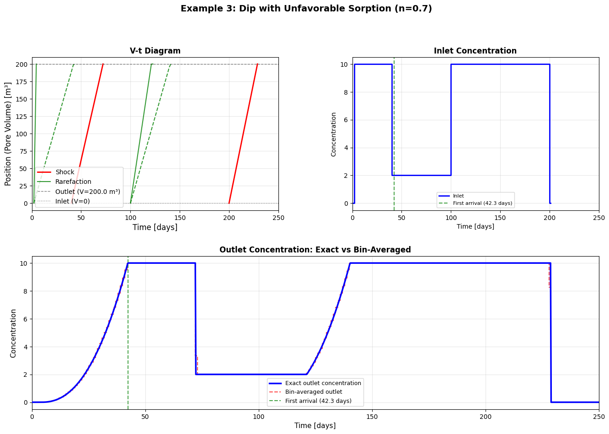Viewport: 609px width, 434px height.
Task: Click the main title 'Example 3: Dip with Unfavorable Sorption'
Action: point(306,9)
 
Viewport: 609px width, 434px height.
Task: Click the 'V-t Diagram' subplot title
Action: point(155,51)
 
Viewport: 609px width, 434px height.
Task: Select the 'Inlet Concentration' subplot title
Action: point(475,51)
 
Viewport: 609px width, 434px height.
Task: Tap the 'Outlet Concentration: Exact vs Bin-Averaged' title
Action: point(315,250)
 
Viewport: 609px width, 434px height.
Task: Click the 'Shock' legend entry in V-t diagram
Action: point(64,172)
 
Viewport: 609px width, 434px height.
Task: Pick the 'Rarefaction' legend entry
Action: point(73,182)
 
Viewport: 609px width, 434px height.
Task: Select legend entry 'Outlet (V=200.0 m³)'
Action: point(87,192)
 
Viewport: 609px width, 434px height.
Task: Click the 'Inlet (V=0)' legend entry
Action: point(72,201)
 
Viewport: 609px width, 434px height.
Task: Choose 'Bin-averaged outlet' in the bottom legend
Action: point(313,392)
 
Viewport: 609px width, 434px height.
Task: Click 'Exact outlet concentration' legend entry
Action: point(323,383)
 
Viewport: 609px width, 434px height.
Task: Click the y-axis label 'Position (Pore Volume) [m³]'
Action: point(8,134)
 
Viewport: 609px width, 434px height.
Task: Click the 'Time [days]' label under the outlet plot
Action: point(315,426)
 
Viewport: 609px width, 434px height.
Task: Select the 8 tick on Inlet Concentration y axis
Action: point(346,92)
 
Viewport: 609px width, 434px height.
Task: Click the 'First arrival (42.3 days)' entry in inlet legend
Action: point(482,203)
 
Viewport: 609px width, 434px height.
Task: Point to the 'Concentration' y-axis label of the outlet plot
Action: point(13,333)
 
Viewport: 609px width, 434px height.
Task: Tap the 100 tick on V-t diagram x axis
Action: point(130,218)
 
